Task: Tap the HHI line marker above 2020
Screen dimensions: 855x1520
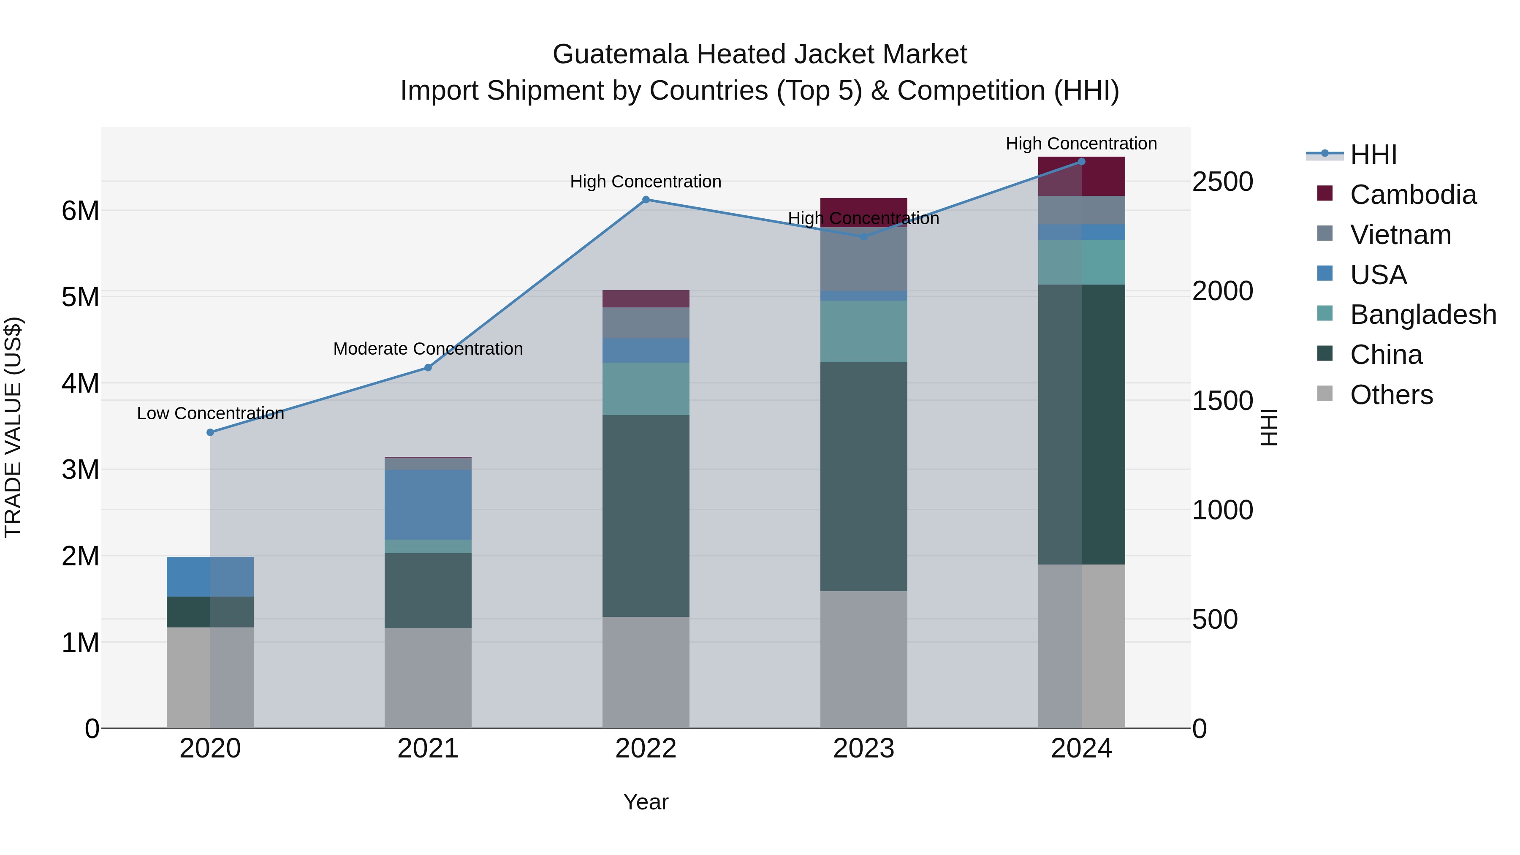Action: (210, 432)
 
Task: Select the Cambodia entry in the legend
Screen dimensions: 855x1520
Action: (1413, 195)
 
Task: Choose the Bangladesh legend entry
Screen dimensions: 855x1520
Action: (1422, 315)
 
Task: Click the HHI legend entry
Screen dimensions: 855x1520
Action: (1373, 155)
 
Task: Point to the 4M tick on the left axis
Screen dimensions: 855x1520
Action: (80, 383)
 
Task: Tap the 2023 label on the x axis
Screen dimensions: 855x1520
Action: (863, 749)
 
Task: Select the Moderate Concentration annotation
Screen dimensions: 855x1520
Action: (428, 349)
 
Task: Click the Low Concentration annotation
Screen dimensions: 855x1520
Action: (210, 414)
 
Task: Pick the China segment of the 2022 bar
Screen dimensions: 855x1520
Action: (646, 516)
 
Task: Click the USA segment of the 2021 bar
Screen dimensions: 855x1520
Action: (428, 505)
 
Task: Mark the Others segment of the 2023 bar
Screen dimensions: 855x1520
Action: (863, 660)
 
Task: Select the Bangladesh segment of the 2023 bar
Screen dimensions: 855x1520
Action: (863, 331)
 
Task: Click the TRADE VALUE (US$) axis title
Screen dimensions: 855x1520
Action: (13, 427)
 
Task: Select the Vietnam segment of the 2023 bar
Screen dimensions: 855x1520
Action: (863, 260)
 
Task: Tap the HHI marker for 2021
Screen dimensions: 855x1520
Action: (428, 368)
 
